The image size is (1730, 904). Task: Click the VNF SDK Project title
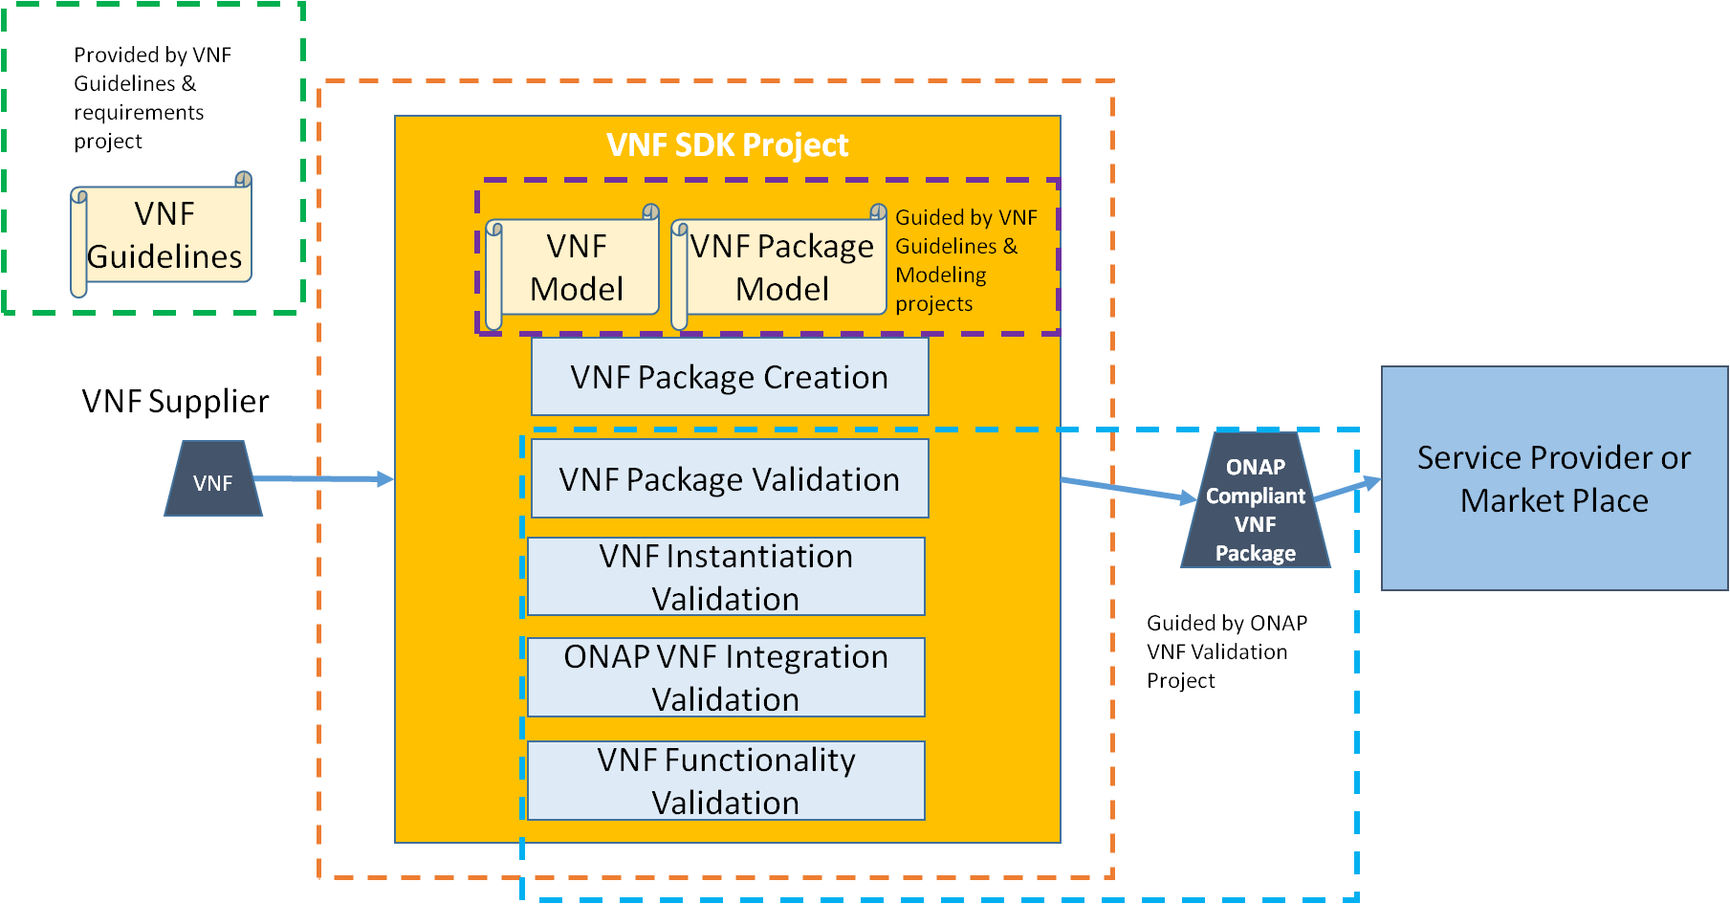(x=727, y=145)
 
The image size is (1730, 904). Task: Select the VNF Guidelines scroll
(x=163, y=235)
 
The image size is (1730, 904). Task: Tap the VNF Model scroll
(x=576, y=268)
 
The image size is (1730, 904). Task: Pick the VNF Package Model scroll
(x=780, y=268)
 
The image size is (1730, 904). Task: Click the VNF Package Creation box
(x=729, y=377)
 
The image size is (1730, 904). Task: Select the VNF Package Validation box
(x=729, y=479)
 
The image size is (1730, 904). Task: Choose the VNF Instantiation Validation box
(x=726, y=577)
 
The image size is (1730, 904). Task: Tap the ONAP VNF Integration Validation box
(x=726, y=677)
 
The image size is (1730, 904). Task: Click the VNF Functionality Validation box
(x=726, y=781)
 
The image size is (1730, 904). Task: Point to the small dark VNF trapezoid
(x=212, y=480)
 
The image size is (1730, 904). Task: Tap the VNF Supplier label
(x=175, y=402)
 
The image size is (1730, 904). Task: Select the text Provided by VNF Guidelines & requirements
(x=151, y=98)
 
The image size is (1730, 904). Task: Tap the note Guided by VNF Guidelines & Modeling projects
(x=964, y=260)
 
